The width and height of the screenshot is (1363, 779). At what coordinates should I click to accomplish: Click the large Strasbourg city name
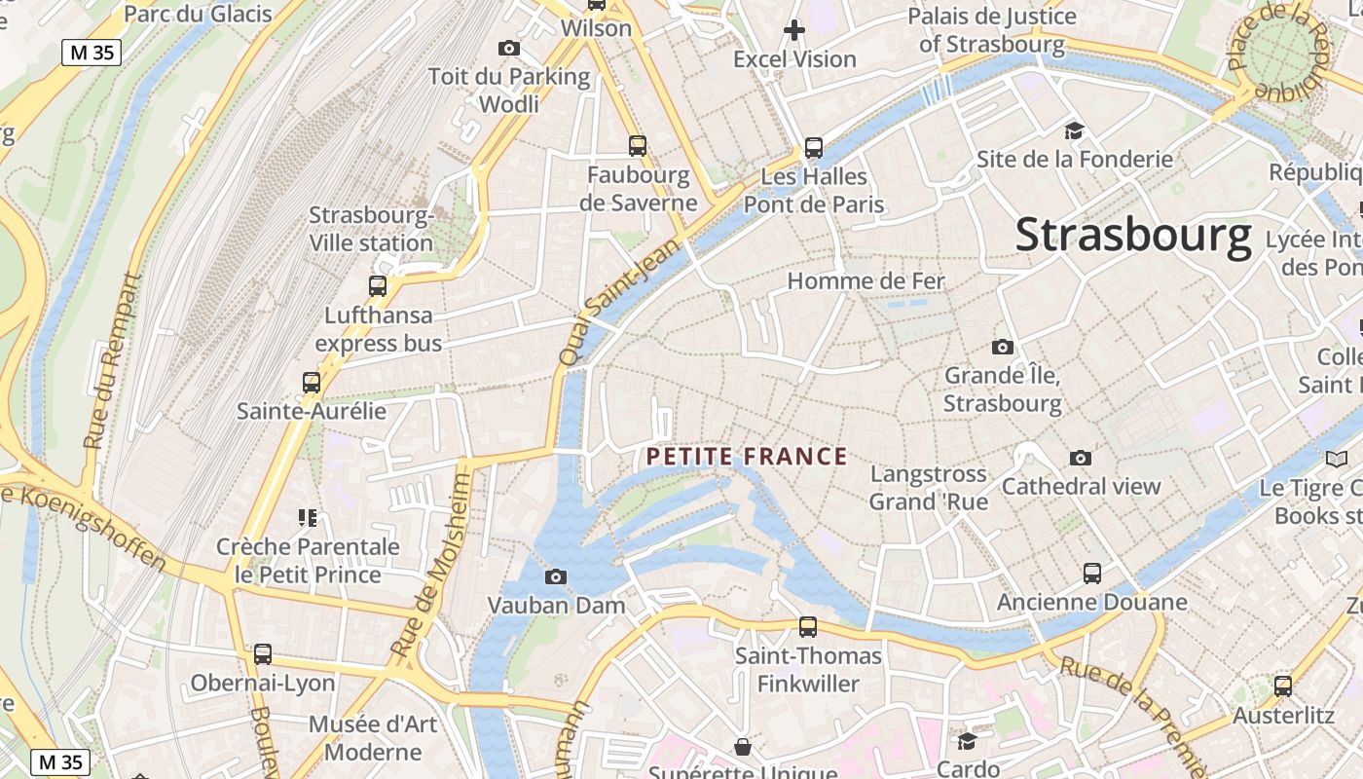(x=1133, y=236)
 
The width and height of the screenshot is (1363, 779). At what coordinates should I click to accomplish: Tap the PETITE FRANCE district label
(x=747, y=457)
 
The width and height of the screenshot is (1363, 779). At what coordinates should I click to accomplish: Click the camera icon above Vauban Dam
(x=556, y=576)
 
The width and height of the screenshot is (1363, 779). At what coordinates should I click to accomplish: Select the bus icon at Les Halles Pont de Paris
(x=814, y=148)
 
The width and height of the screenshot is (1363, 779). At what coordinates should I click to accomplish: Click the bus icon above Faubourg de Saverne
(x=638, y=146)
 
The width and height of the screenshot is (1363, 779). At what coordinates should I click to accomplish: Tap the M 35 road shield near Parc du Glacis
(x=92, y=53)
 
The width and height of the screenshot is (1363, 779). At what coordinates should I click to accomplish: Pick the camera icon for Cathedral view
(x=1081, y=458)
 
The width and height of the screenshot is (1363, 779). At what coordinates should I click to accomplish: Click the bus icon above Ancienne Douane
(x=1092, y=574)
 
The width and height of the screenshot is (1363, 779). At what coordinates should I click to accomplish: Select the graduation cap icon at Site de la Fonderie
(x=1074, y=130)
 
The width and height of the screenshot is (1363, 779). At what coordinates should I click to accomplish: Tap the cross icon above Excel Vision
(x=794, y=30)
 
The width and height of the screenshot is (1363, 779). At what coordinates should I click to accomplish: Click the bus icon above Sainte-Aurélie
(x=312, y=383)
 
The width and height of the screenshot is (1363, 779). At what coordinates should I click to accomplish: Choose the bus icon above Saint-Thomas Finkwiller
(x=808, y=627)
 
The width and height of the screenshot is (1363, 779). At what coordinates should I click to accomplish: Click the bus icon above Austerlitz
(x=1283, y=686)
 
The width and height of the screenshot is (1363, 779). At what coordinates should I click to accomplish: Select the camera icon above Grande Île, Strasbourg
(x=1003, y=347)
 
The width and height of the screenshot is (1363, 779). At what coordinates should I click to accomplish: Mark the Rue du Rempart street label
(x=112, y=360)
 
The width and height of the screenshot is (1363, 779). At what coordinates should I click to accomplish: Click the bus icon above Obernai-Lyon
(x=263, y=654)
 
